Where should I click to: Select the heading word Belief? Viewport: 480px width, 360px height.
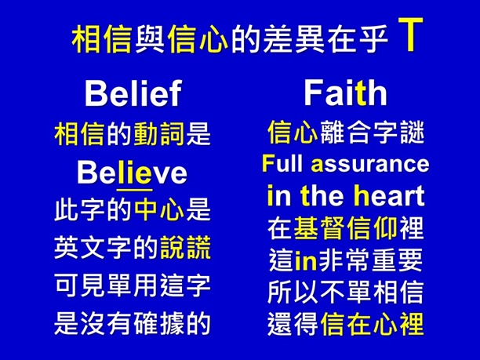click(x=133, y=94)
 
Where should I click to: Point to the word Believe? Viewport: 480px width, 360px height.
click(x=133, y=172)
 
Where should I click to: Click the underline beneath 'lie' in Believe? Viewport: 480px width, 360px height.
click(x=134, y=188)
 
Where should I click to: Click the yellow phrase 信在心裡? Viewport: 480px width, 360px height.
click(x=372, y=323)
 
